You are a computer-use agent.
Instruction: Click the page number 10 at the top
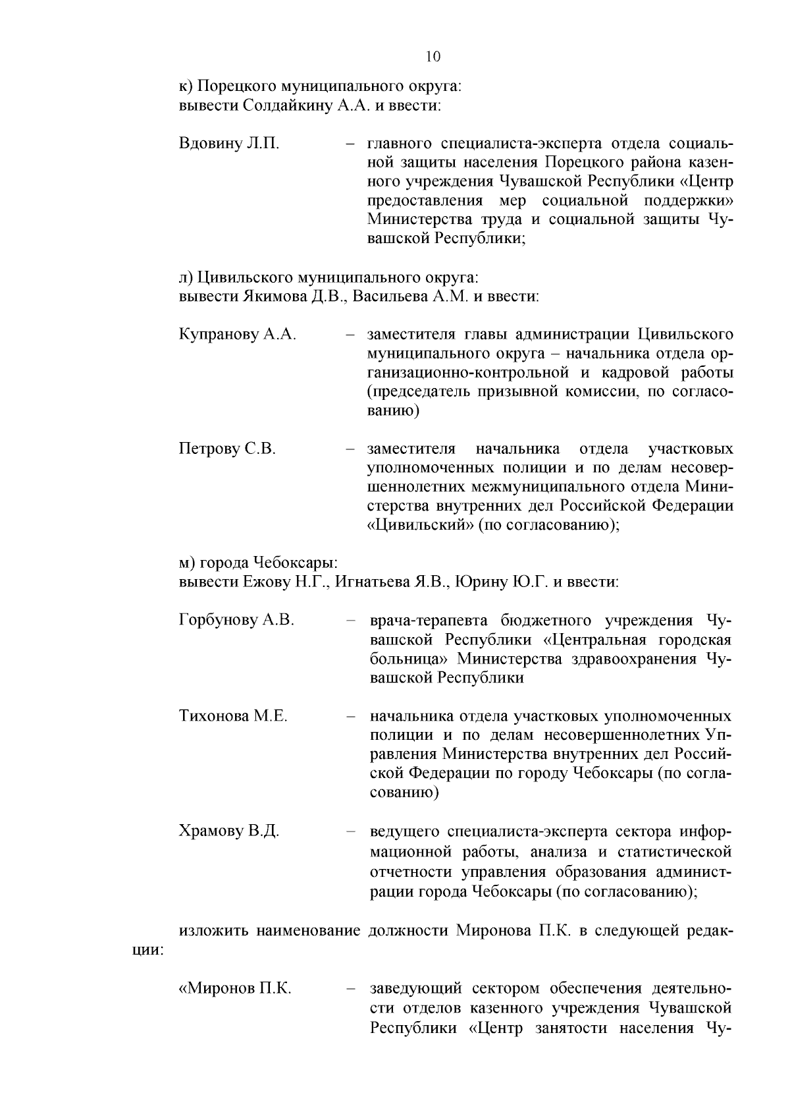pyautogui.click(x=433, y=56)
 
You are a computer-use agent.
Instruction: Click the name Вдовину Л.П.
pyautogui.click(x=229, y=144)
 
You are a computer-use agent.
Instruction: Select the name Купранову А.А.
pyautogui.click(x=237, y=335)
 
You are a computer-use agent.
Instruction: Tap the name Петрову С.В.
pyautogui.click(x=227, y=449)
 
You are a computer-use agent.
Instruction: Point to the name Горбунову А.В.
pyautogui.click(x=236, y=621)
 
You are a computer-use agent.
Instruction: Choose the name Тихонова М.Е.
pyautogui.click(x=233, y=716)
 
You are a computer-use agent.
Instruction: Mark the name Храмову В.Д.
pyautogui.click(x=229, y=831)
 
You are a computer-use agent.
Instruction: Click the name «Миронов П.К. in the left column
pyautogui.click(x=235, y=989)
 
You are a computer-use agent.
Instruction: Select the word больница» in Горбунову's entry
pyautogui.click(x=409, y=659)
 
